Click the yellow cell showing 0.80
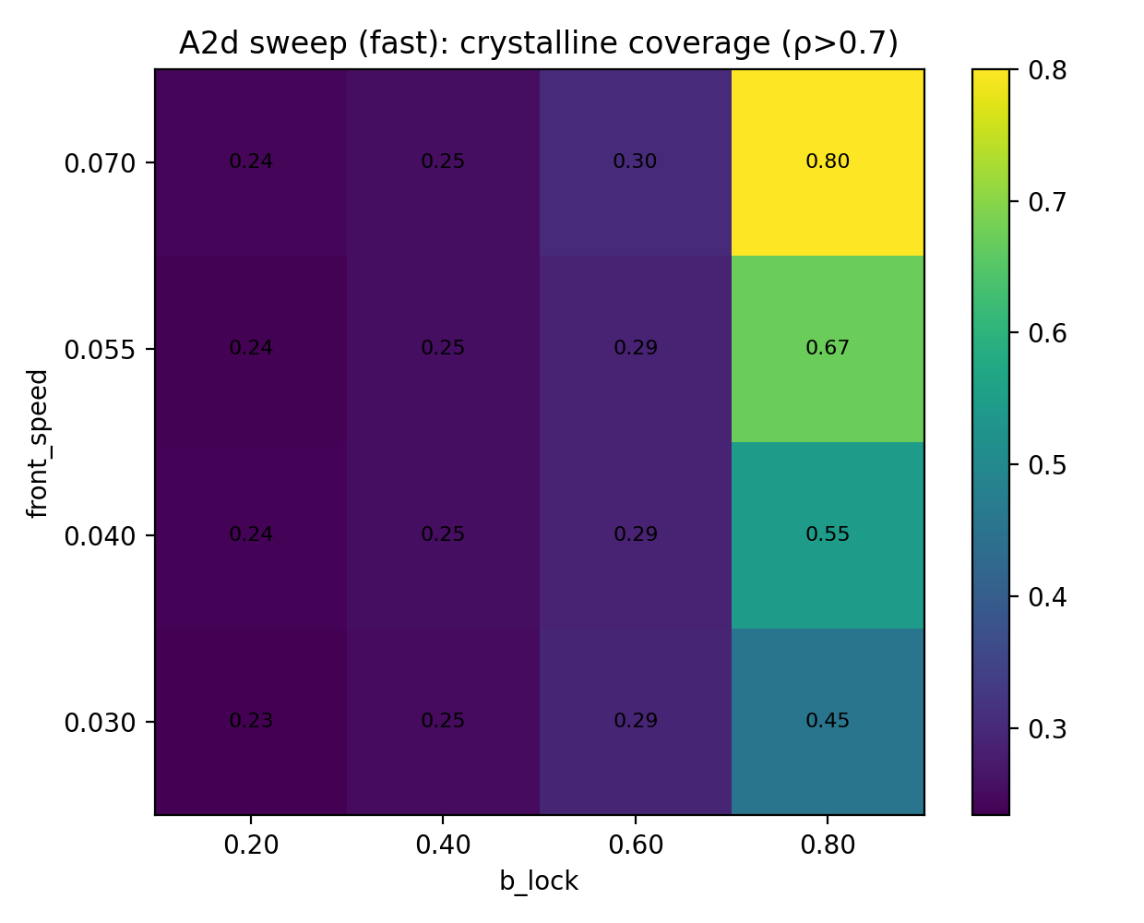tap(828, 162)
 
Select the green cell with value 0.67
tap(828, 349)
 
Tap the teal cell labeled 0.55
tap(828, 535)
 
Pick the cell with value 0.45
tap(828, 722)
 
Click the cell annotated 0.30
tap(636, 162)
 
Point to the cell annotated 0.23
tap(251, 722)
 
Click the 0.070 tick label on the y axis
tap(100, 163)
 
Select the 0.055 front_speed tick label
tap(100, 350)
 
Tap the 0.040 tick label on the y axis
tap(100, 536)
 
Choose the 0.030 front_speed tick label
tap(100, 722)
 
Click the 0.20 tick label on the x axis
tap(251, 845)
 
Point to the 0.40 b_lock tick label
tap(443, 845)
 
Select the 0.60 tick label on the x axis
tap(636, 845)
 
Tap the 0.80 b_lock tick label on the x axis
tap(828, 845)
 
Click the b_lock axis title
tap(539, 881)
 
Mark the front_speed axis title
tap(38, 443)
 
